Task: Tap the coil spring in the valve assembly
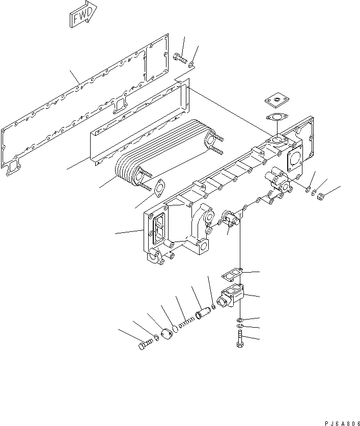point(185,321)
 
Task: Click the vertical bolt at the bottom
point(239,338)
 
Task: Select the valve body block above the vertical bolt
point(234,297)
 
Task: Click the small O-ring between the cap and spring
point(174,328)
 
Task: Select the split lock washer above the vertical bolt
point(239,326)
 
